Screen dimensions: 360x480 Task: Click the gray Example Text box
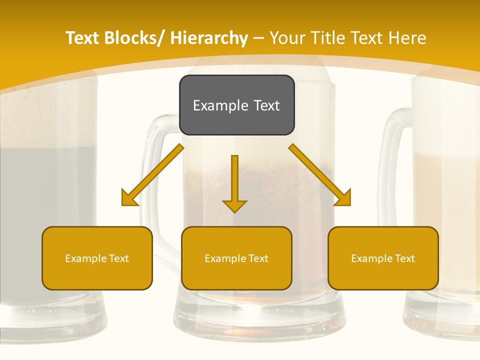pyautogui.click(x=236, y=105)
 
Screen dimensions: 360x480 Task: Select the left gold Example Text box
pyautogui.click(x=97, y=258)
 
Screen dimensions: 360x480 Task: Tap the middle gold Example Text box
pyautogui.click(x=236, y=258)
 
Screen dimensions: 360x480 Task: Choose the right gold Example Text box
pyautogui.click(x=383, y=258)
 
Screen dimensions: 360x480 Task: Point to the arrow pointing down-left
pyautogui.click(x=153, y=175)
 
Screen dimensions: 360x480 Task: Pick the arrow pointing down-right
pyautogui.click(x=320, y=175)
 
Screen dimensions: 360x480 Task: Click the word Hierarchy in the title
pyautogui.click(x=209, y=38)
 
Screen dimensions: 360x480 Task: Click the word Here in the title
pyautogui.click(x=408, y=38)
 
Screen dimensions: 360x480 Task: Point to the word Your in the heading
pyautogui.click(x=287, y=38)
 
